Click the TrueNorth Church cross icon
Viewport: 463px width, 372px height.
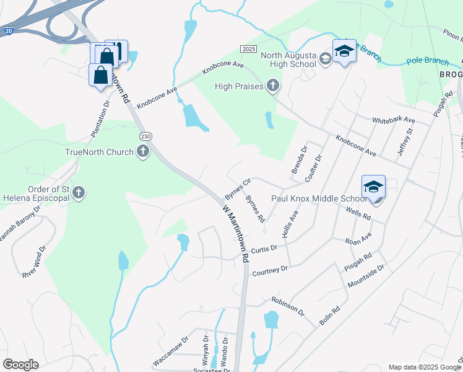(143, 152)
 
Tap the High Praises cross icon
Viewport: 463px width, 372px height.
(272, 86)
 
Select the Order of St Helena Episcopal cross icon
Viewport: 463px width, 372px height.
(78, 193)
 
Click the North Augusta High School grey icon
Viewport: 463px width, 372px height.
(325, 60)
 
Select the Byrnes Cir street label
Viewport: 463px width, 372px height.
(236, 188)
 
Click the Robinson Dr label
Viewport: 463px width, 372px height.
(288, 305)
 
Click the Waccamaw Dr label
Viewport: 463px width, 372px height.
(170, 352)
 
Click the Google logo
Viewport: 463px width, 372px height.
(20, 365)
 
